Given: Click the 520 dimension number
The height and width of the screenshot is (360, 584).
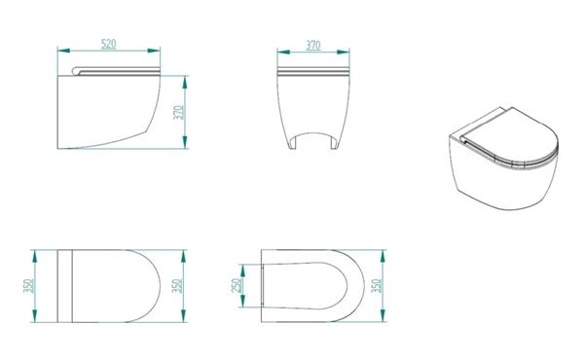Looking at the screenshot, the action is click(109, 44).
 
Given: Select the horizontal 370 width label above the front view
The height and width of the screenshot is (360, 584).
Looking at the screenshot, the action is click(313, 45).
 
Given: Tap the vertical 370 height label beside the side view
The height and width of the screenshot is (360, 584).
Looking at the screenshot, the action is click(179, 113).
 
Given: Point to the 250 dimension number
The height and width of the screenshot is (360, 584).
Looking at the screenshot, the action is click(237, 285).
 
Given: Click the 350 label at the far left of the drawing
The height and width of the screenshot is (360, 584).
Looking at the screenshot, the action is click(28, 285).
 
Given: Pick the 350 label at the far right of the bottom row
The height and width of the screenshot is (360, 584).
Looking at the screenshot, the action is click(377, 285).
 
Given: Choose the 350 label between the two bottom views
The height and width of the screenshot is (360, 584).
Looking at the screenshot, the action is click(177, 285).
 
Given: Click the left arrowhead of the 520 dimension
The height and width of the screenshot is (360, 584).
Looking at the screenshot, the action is click(63, 51).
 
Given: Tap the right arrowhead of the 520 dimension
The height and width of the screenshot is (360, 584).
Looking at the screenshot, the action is click(154, 51).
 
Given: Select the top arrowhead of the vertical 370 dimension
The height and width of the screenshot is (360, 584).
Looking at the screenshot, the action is click(185, 82).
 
